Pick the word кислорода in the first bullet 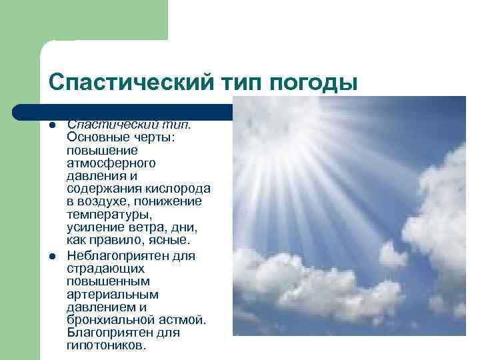[x=181, y=189]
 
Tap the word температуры [x=109, y=215]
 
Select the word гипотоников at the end [x=104, y=346]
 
